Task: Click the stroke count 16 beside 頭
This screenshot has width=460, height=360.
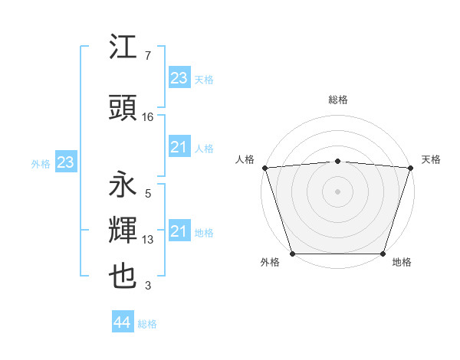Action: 148,117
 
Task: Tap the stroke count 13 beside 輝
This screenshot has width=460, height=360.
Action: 148,240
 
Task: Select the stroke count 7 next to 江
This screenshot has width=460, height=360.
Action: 147,56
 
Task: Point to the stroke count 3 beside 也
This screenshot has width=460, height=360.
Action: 147,286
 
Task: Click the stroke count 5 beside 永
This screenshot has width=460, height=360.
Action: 147,194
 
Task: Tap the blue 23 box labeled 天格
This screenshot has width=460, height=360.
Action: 179,78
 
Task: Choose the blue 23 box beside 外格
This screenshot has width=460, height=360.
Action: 65,162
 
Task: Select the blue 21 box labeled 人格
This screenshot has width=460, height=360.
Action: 179,147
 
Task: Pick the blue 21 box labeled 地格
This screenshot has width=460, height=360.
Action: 179,231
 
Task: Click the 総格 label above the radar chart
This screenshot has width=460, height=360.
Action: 338,100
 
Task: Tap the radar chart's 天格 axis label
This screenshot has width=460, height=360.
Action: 431,159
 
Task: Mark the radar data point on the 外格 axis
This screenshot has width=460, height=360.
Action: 292,254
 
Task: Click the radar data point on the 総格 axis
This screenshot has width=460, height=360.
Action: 338,161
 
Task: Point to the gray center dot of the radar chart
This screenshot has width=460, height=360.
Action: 338,191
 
